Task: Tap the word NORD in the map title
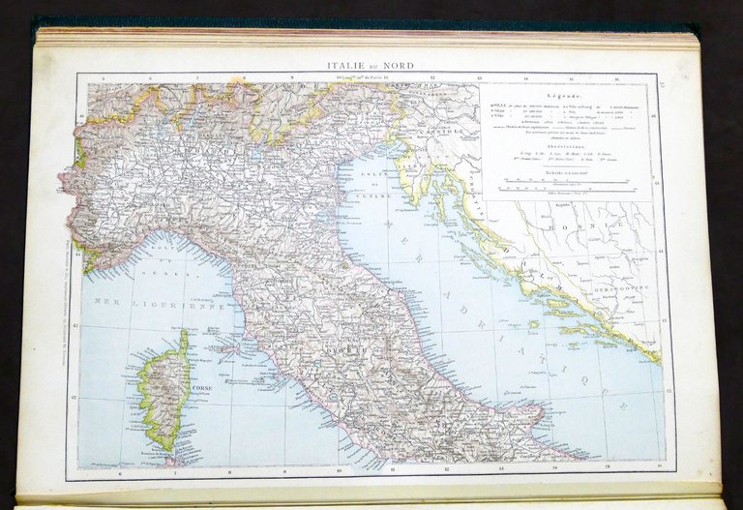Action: [398, 65]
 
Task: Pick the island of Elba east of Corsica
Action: [224, 342]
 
